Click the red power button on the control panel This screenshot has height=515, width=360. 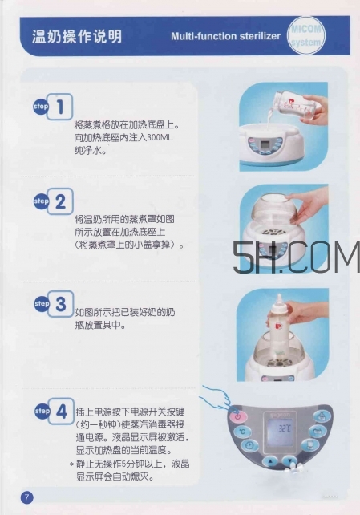point(239,417)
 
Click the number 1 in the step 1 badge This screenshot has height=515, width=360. point(63,106)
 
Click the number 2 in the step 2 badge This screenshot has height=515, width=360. point(63,202)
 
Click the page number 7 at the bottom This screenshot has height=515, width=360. point(26,497)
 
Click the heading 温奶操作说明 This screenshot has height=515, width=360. point(77,36)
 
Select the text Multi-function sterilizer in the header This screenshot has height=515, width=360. point(225,37)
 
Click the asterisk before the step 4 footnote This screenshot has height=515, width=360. point(71,464)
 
